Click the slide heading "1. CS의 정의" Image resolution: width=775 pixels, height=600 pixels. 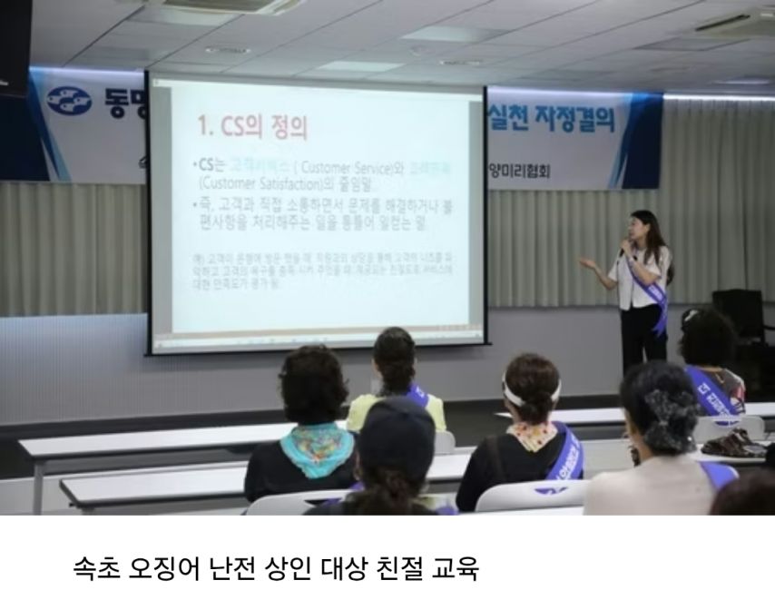pyautogui.click(x=251, y=128)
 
